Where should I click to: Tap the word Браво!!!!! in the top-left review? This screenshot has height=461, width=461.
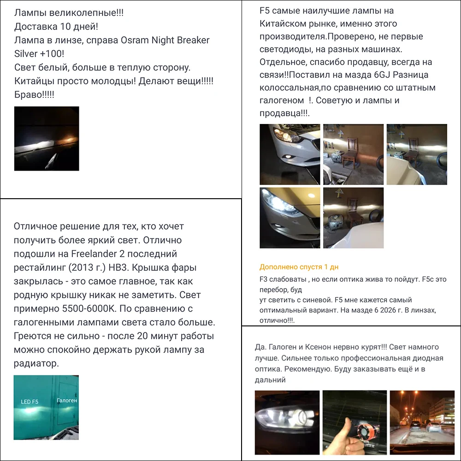click(x=34, y=94)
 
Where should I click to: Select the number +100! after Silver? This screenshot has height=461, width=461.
click(x=56, y=54)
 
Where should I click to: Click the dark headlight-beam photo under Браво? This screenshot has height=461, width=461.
click(x=47, y=138)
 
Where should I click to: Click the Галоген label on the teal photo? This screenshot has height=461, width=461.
click(x=67, y=401)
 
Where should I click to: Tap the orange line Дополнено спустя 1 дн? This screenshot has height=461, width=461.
click(x=299, y=267)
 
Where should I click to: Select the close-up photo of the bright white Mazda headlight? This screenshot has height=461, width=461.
click(x=289, y=218)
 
